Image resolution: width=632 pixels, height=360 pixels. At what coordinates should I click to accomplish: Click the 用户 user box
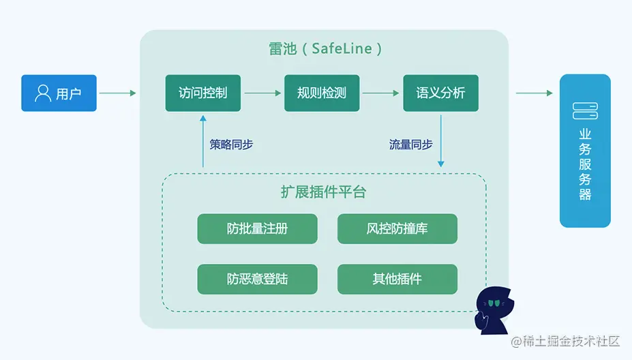[59, 93]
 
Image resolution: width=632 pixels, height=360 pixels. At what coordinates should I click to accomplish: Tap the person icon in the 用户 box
[43, 93]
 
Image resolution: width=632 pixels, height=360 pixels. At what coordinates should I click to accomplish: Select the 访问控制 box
[202, 93]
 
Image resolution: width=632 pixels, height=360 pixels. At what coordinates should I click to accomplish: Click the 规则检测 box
[322, 93]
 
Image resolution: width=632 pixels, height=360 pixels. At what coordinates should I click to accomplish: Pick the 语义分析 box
[440, 93]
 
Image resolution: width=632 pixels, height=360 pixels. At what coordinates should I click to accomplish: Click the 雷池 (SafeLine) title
[325, 49]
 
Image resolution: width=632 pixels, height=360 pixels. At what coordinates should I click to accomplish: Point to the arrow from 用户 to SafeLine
[118, 93]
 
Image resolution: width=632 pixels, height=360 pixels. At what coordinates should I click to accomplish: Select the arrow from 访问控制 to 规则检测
[262, 93]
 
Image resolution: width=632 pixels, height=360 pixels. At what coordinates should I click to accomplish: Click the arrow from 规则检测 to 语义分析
[381, 93]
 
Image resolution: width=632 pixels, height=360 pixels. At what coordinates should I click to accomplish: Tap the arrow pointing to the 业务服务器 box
[534, 93]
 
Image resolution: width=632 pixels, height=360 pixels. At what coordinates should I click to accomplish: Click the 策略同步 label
[231, 145]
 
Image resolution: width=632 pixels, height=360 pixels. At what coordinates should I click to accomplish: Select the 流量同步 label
[410, 145]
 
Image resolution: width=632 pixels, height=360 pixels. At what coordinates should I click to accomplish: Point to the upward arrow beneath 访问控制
[203, 140]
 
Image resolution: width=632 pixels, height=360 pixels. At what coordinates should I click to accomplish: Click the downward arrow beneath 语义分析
[441, 140]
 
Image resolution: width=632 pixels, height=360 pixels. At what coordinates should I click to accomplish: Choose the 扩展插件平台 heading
[323, 192]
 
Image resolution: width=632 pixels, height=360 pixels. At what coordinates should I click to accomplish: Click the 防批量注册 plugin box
[257, 229]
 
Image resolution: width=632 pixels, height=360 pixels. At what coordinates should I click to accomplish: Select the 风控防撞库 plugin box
[397, 229]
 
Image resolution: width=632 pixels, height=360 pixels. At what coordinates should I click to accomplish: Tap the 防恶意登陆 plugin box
[257, 279]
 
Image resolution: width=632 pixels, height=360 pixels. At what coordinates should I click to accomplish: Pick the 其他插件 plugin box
[397, 279]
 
